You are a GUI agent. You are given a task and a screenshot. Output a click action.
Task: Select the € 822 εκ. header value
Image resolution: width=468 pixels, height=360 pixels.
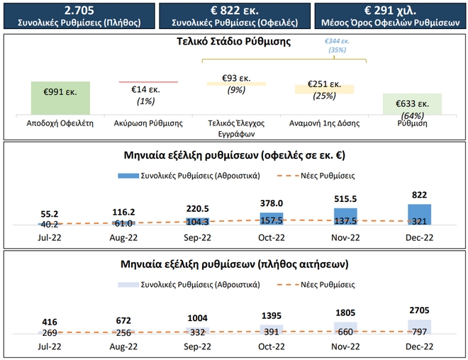235,11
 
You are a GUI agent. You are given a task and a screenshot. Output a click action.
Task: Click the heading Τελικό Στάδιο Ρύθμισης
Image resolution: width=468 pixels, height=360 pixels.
233,41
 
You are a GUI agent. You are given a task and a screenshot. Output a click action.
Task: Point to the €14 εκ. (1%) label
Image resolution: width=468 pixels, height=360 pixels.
147,96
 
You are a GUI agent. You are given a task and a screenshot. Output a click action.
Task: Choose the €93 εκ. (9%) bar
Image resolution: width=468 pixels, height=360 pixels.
236,84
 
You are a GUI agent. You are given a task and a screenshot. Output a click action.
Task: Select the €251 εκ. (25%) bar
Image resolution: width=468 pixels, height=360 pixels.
324,90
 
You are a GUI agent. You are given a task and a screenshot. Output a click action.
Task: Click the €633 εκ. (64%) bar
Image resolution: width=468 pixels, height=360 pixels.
412,103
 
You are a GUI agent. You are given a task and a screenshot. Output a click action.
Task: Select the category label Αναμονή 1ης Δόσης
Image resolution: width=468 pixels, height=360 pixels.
324,123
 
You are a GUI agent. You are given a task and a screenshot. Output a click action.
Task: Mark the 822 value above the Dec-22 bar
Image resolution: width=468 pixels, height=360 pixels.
419,194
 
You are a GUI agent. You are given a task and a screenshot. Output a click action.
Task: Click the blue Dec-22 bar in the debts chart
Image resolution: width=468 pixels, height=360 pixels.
419,215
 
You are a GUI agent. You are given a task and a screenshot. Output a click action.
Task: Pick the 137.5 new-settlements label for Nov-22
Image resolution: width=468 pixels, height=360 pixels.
345,221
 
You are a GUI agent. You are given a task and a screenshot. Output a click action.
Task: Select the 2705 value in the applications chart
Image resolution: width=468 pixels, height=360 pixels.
419,310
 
